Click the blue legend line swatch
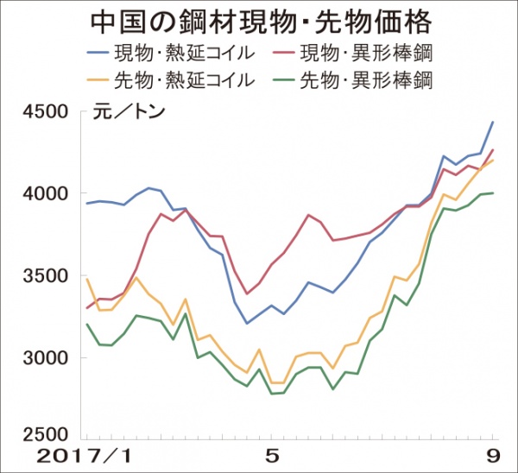[104, 54]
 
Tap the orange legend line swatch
[104, 81]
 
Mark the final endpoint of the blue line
[493, 123]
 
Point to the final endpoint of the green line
[493, 192]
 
